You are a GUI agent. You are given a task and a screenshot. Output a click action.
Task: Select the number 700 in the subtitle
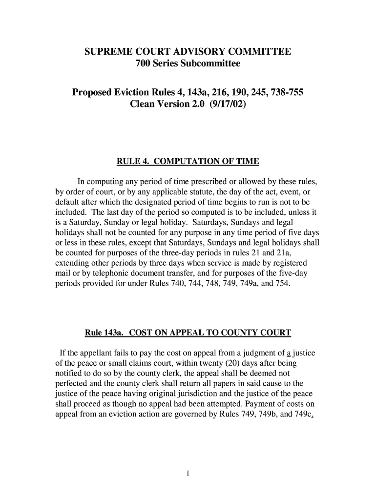point(144,64)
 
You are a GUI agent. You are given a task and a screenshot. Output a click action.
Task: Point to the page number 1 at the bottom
point(188,474)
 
